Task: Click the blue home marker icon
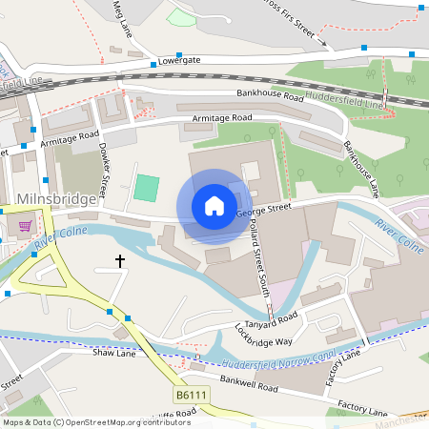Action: (x=214, y=206)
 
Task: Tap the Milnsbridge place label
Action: (x=57, y=198)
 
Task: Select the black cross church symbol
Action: (x=120, y=259)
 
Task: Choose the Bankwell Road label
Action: (x=248, y=386)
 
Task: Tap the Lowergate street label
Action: (x=183, y=59)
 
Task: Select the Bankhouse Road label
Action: (x=269, y=97)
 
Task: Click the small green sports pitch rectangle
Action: (x=145, y=187)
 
